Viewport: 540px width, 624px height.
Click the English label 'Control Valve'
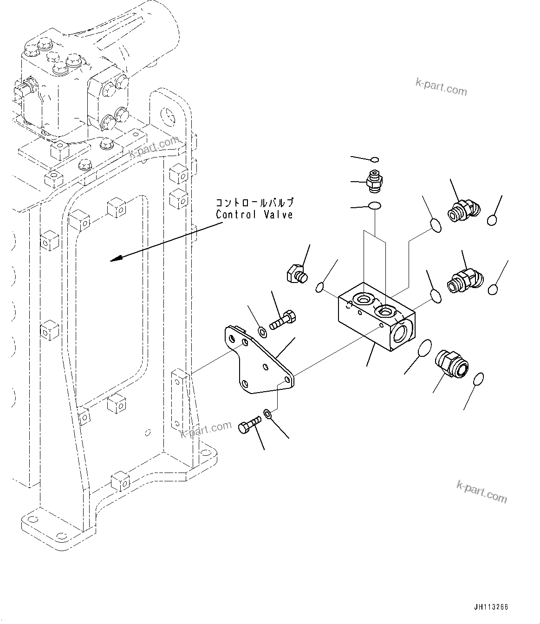[x=254, y=215]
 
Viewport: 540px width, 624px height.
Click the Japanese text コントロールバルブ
[x=254, y=203]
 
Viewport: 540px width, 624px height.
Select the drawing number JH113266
[x=491, y=607]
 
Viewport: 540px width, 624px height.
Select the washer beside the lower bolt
[x=268, y=413]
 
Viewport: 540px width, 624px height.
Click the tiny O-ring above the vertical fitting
[x=374, y=160]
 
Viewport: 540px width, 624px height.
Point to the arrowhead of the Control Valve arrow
[x=113, y=260]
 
